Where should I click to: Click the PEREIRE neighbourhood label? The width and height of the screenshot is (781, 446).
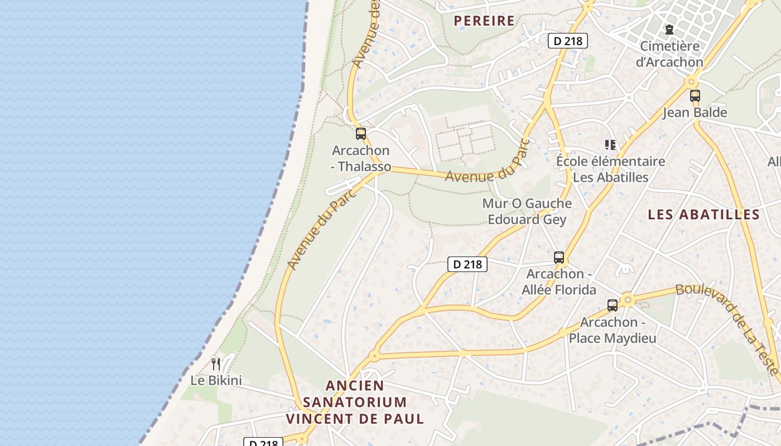(484, 21)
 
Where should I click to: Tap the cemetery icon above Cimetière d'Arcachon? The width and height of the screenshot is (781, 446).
(669, 30)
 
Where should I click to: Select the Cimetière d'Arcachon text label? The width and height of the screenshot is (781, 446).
(669, 54)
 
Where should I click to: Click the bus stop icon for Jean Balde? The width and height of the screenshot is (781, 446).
(695, 96)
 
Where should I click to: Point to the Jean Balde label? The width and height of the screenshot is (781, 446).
(695, 113)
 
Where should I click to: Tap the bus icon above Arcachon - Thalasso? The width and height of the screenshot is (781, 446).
(361, 134)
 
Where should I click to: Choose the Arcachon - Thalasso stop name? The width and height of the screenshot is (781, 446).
(361, 158)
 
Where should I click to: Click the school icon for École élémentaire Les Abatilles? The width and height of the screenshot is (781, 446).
(610, 145)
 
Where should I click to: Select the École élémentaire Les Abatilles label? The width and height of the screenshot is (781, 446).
(611, 169)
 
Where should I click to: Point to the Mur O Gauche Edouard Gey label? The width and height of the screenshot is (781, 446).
(527, 211)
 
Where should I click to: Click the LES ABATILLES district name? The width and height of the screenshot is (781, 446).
(704, 215)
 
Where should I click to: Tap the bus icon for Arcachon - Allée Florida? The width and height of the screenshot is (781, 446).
(559, 258)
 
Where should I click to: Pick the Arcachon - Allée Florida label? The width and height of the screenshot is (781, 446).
(559, 282)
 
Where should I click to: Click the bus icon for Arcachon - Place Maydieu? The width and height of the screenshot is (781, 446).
(613, 306)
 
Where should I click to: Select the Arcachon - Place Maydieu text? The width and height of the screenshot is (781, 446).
(613, 330)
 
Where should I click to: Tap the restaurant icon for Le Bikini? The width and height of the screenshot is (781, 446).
(216, 364)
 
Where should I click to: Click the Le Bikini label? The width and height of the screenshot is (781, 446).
(216, 381)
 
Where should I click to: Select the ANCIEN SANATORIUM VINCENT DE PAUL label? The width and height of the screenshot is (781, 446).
(355, 402)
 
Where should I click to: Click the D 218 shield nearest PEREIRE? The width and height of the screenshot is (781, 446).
(568, 41)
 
